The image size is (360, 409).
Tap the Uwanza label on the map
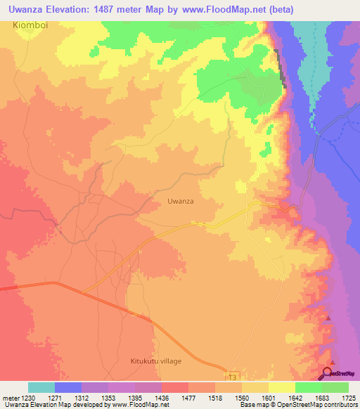point(181,201)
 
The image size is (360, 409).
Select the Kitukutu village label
point(155,361)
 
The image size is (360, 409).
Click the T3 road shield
point(233,377)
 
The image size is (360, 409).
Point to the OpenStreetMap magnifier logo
point(328,373)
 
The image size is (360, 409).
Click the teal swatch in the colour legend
point(41,387)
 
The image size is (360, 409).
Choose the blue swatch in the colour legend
point(68,387)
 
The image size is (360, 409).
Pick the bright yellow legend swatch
point(282,387)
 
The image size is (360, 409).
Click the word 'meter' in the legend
point(10,397)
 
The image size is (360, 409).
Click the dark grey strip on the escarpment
point(281,67)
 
